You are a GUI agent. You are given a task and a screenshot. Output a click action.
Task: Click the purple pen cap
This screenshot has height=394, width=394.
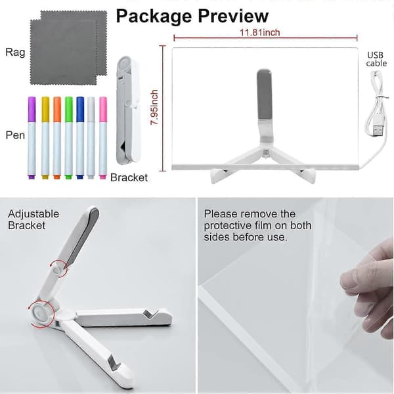32,110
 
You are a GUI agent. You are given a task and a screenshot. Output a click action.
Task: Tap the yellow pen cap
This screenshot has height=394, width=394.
45,110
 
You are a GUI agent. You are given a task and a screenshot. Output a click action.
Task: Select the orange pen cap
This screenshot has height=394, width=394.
56,110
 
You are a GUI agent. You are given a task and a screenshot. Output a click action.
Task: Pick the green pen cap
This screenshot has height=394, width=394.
68,110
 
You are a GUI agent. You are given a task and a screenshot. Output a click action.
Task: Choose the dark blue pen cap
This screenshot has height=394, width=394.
80,110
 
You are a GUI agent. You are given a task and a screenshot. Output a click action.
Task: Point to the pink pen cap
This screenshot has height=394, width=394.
103,110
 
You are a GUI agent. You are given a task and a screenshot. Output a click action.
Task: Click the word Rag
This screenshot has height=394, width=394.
15,53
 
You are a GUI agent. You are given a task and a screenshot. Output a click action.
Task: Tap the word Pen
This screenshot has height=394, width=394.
15,135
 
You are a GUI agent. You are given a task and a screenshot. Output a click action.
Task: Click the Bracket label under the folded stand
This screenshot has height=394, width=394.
129,178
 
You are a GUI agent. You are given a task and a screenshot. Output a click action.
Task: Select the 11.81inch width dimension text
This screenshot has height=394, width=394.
259,32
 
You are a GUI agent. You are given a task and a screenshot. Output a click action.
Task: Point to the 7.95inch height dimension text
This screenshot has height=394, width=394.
154,107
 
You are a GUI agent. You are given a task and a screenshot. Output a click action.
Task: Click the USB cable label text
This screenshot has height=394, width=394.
376,59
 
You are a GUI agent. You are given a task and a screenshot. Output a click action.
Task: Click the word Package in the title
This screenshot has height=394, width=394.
154,16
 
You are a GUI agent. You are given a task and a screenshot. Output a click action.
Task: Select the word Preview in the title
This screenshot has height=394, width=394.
233,16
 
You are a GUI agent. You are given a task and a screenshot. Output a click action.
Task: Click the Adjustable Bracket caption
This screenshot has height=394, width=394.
33,219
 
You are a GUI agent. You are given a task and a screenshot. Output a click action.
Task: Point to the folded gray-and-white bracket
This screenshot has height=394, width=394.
128,110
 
